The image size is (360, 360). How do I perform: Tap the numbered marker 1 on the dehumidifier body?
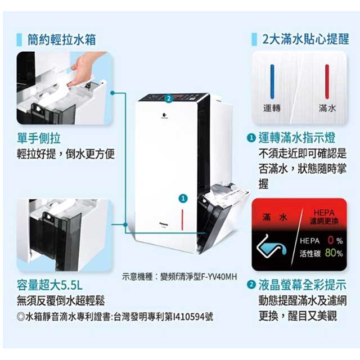coord(183,199)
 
